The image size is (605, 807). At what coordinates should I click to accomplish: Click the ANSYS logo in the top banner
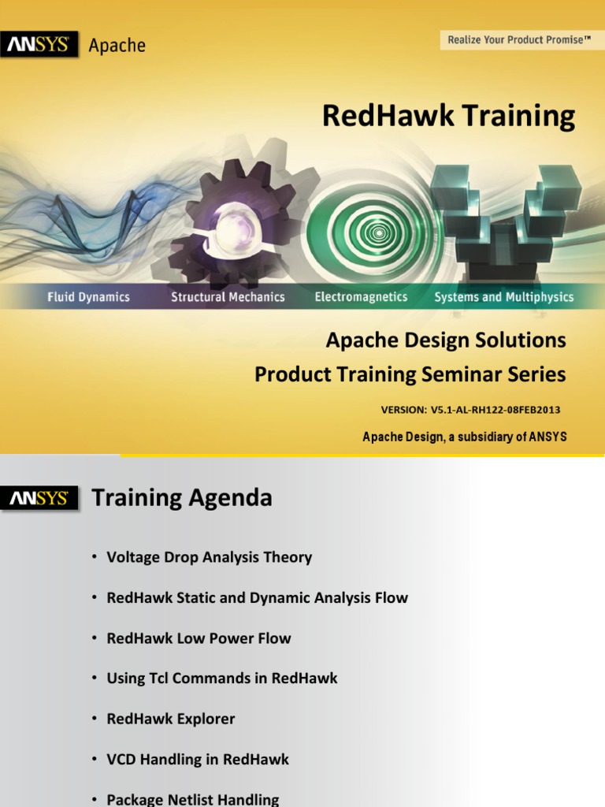click(39, 46)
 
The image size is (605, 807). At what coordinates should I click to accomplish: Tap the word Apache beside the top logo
click(117, 46)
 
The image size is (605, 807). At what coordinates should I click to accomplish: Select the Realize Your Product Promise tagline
click(519, 39)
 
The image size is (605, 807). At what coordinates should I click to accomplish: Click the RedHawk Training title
click(448, 116)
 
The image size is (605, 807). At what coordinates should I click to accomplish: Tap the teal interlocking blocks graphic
click(504, 217)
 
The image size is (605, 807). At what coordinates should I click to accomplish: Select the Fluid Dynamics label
click(88, 297)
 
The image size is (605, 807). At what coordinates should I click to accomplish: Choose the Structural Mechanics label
click(228, 297)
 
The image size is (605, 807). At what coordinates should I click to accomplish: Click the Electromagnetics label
click(361, 297)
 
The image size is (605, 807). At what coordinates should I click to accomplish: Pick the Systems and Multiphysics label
click(504, 297)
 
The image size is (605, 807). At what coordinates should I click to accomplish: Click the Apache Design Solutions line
click(446, 340)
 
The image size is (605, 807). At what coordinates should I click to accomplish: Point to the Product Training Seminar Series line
click(410, 375)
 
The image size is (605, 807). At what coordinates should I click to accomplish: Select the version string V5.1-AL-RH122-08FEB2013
click(471, 410)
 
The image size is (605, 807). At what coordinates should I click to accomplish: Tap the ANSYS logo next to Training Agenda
click(39, 498)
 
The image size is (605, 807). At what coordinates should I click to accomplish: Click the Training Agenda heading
click(182, 498)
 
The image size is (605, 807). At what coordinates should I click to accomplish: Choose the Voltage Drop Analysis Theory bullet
click(209, 557)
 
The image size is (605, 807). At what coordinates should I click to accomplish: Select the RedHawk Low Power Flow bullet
click(199, 638)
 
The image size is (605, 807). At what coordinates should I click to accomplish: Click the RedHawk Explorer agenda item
click(170, 719)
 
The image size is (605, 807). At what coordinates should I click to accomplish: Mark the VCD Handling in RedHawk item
click(198, 760)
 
